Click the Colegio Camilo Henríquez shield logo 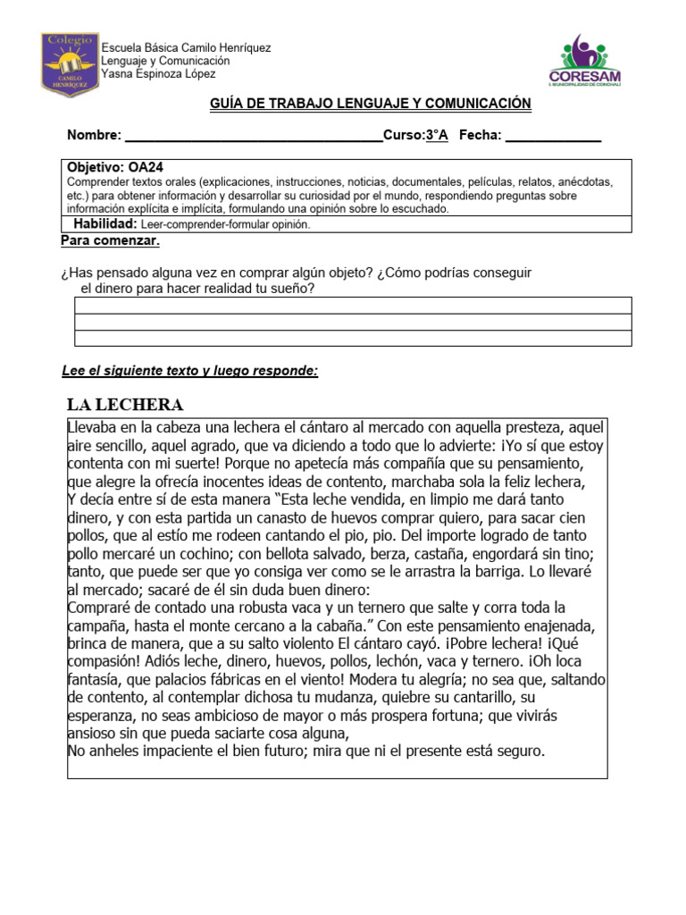tap(70, 64)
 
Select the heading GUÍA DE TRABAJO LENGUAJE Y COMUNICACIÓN tap(370, 105)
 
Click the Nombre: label tap(94, 135)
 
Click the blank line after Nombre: tap(254, 136)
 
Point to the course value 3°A tap(436, 135)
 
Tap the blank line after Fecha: tap(553, 136)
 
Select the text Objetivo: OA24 tap(115, 167)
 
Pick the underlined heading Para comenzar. tap(110, 240)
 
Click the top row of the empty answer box tap(353, 306)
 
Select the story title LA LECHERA tap(126, 405)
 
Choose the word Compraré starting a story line tap(100, 608)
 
